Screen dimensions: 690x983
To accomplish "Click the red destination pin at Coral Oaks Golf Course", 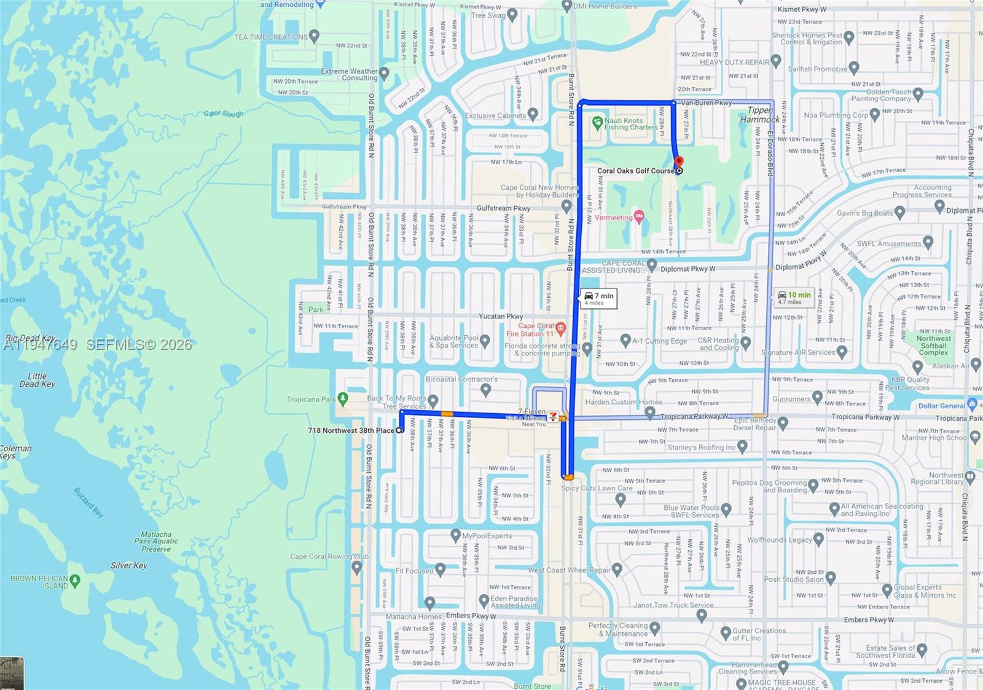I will (x=679, y=162).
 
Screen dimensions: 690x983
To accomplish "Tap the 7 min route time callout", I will (x=599, y=298).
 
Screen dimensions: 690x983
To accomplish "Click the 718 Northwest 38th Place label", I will (x=351, y=430).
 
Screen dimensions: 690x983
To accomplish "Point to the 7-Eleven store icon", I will (x=553, y=416).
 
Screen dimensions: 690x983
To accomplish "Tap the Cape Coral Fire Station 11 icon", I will (x=560, y=328).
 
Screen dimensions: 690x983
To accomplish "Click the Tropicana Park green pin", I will (x=343, y=399).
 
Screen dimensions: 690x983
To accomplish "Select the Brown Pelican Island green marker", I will (x=75, y=580).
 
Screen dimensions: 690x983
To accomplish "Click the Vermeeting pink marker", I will (x=639, y=217).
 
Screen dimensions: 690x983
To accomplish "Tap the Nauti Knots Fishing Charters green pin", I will (x=597, y=123).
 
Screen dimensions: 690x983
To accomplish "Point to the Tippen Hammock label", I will (x=760, y=115).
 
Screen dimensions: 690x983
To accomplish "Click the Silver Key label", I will (x=128, y=565).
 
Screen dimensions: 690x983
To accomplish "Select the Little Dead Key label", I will (x=37, y=380).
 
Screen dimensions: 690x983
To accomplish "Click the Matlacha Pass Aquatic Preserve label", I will (x=156, y=541).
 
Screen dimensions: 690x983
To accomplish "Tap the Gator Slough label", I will (x=223, y=114).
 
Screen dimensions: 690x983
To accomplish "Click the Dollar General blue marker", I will (x=972, y=404).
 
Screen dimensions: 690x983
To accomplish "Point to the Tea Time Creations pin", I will (x=315, y=36).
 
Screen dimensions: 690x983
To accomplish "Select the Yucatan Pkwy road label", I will (x=501, y=316).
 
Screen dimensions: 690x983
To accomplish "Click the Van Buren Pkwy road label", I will (x=707, y=103).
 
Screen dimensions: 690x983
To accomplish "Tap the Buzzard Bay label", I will (x=89, y=502).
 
